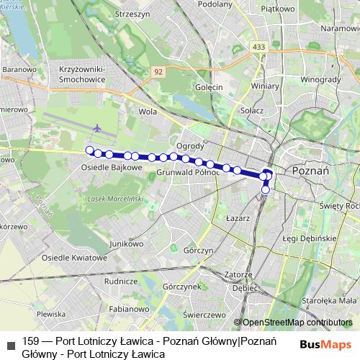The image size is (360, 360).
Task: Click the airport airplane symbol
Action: click(96, 128)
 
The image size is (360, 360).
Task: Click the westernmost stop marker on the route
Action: click(90, 150)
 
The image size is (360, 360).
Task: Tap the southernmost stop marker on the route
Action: click(266, 190)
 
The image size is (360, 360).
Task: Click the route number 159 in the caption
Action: click(30, 341)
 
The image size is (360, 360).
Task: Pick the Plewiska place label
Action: click(50, 315)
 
